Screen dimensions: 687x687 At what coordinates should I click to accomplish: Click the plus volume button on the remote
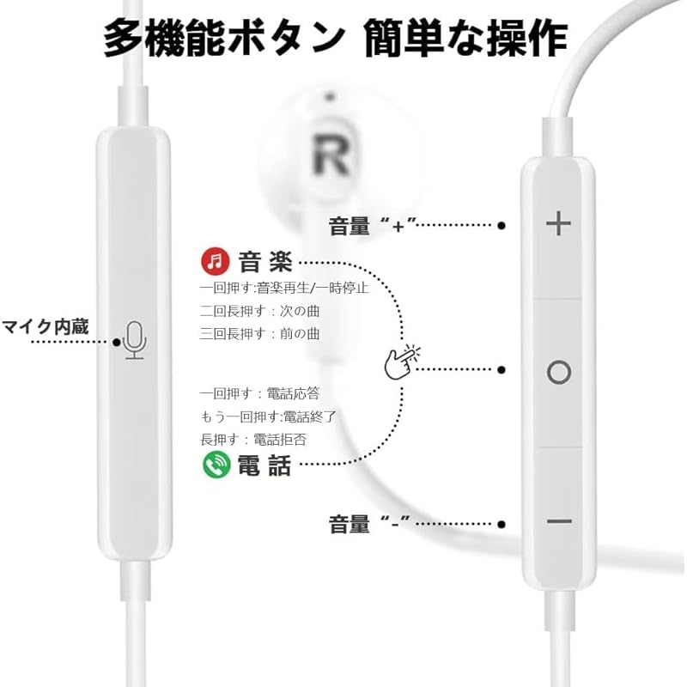[x=558, y=225]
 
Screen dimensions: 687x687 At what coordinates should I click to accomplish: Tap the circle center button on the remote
[x=558, y=372]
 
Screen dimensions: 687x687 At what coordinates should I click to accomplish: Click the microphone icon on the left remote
[x=134, y=340]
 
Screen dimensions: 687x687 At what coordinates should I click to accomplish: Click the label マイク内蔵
[x=45, y=327]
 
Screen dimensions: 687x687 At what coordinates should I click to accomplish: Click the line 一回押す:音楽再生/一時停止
[x=284, y=288]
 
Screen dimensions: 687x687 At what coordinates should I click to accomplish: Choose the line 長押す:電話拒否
[x=253, y=439]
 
